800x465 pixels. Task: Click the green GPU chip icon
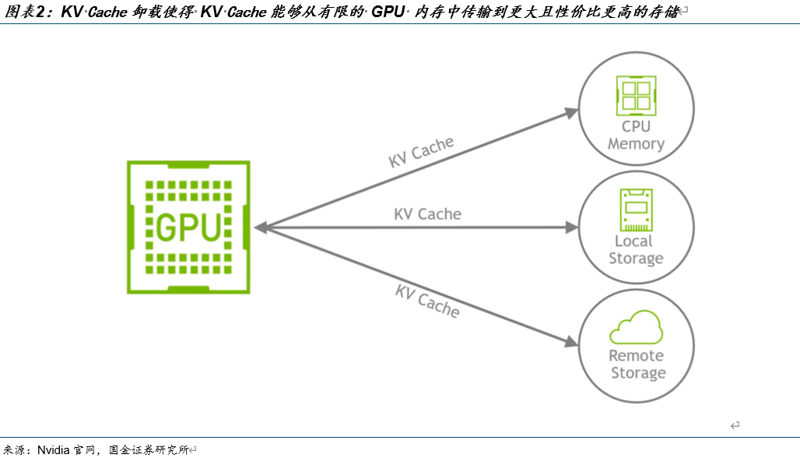(189, 227)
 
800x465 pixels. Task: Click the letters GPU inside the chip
(189, 227)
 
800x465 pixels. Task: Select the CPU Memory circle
(636, 111)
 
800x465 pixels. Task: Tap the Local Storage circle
(636, 227)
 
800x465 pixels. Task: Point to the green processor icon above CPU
(636, 95)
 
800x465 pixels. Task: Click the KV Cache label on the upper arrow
(421, 153)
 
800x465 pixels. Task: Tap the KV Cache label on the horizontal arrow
(427, 214)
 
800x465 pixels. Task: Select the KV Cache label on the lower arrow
(427, 301)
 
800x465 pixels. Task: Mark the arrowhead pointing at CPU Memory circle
(572, 113)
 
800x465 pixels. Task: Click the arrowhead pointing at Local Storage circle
(572, 227)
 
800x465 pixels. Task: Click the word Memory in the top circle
(636, 144)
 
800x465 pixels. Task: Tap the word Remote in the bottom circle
(636, 356)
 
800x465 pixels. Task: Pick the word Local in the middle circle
(633, 241)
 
